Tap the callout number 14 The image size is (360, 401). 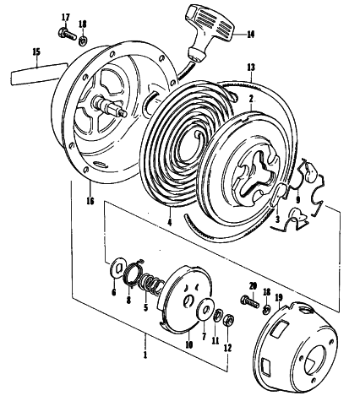click(x=250, y=35)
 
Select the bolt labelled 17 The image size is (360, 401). click(x=68, y=35)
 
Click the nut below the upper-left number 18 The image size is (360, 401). click(x=83, y=41)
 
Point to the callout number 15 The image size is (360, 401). click(x=36, y=52)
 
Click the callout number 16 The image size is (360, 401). click(x=90, y=202)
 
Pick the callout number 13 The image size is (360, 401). click(x=251, y=68)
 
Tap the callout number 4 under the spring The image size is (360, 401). click(x=170, y=222)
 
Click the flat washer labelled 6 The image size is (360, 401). click(x=116, y=269)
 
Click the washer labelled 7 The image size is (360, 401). click(x=205, y=308)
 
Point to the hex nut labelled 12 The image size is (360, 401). click(x=228, y=320)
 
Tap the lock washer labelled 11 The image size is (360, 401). click(x=217, y=316)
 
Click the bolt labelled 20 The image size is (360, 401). click(x=249, y=301)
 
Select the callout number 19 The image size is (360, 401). click(x=280, y=298)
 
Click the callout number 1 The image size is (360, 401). click(x=145, y=355)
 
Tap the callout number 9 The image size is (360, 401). click(x=298, y=200)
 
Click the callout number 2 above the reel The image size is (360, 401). click(x=251, y=99)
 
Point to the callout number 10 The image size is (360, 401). click(x=188, y=344)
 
